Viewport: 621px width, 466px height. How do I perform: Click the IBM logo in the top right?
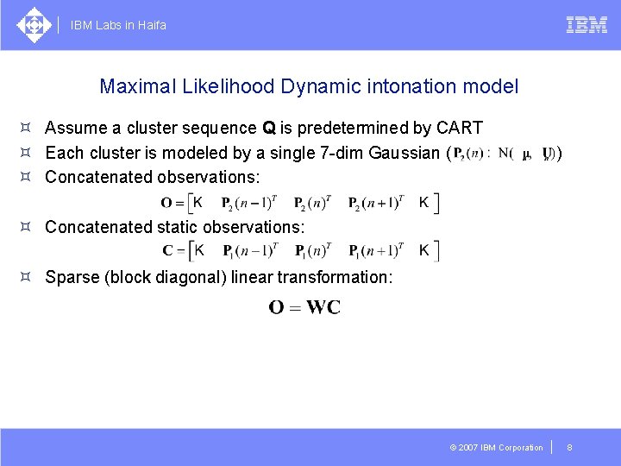(x=586, y=25)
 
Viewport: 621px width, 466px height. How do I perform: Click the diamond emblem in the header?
(x=34, y=25)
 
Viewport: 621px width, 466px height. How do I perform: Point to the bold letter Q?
(x=270, y=129)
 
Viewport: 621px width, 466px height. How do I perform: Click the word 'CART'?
(x=460, y=129)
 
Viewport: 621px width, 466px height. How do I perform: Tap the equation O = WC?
(x=304, y=307)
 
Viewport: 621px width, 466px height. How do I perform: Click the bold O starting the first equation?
(x=166, y=204)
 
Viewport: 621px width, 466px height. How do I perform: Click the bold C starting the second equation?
(x=166, y=251)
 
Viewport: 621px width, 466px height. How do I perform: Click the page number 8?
(x=569, y=447)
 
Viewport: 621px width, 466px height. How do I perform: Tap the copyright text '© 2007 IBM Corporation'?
(x=497, y=447)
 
